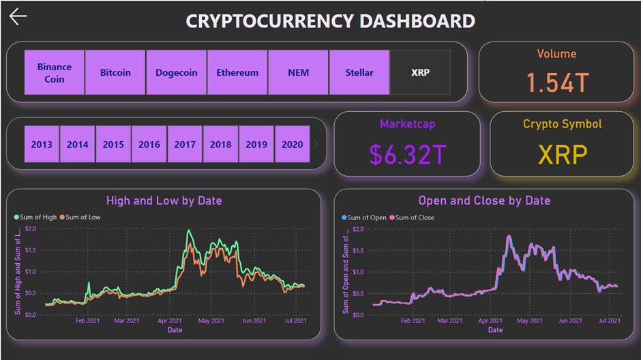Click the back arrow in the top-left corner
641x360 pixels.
(18, 17)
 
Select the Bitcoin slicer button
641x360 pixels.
(115, 72)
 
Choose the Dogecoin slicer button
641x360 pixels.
(176, 72)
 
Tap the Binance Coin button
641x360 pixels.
(55, 72)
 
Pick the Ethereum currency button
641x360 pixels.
(237, 72)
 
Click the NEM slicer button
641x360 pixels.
(298, 72)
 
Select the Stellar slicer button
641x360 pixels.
(359, 72)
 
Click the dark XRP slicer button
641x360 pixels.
(420, 72)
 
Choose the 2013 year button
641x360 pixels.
(42, 145)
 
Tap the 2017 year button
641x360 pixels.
(185, 145)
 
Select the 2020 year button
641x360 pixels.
(293, 145)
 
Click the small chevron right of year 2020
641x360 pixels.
(316, 145)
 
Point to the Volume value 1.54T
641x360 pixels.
(556, 82)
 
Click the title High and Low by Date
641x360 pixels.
(164, 200)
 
